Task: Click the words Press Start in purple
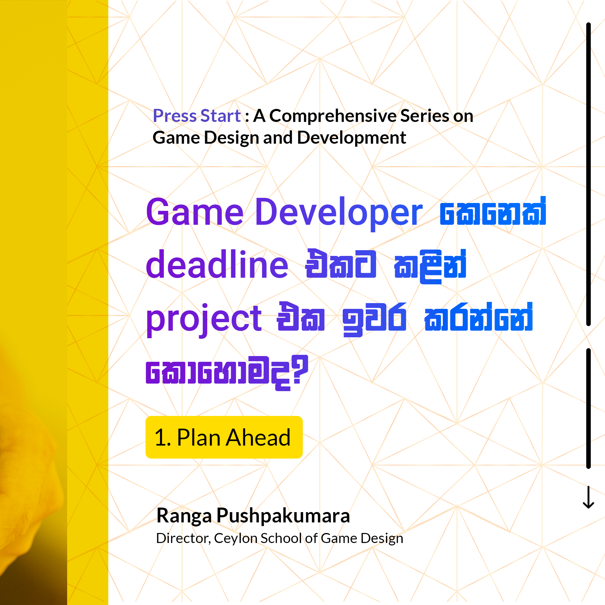tap(197, 116)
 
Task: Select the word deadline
tap(217, 265)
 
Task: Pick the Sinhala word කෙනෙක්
tap(493, 212)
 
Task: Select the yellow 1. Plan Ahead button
tap(224, 437)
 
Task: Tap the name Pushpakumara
tap(283, 516)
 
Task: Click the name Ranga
tap(184, 516)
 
